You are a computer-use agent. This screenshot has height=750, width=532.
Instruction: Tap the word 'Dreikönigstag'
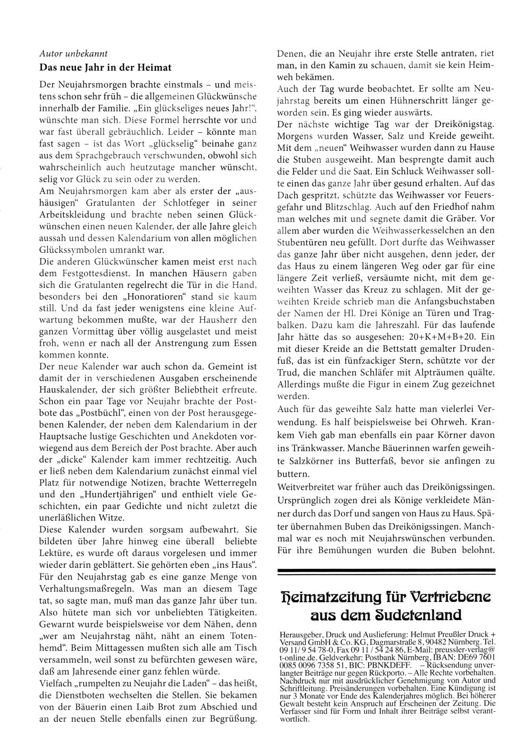(458, 124)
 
